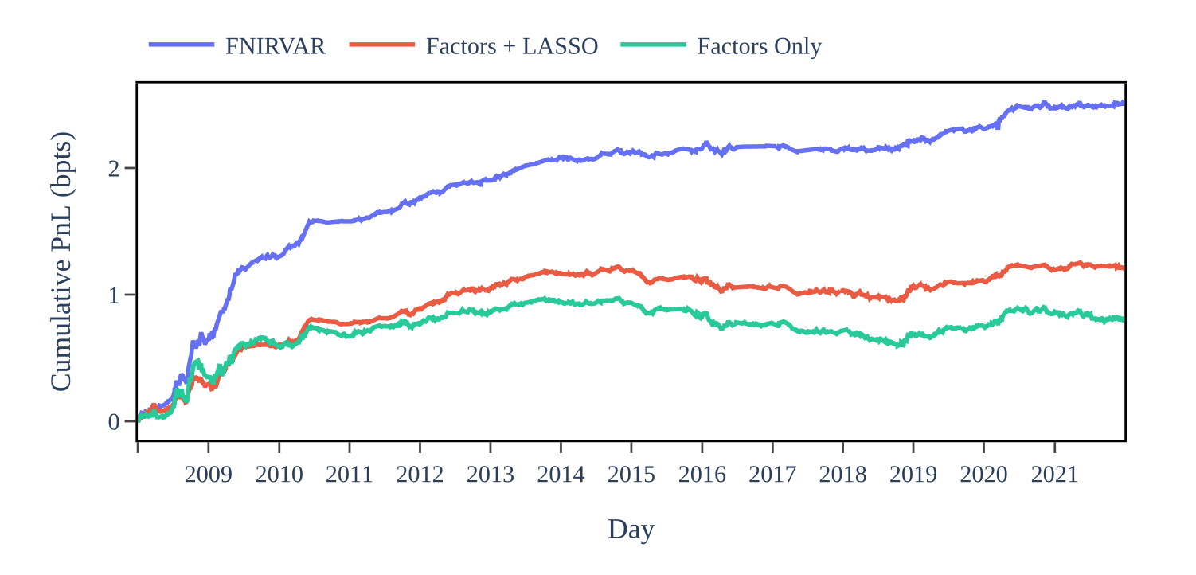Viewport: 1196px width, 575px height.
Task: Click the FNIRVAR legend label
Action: pyautogui.click(x=275, y=46)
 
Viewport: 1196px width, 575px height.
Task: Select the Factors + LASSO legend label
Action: pyautogui.click(x=511, y=46)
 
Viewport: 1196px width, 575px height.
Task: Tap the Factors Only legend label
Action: pyautogui.click(x=759, y=46)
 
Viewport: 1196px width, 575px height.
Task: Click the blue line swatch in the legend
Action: pyautogui.click(x=182, y=45)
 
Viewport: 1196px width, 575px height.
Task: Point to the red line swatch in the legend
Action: pyautogui.click(x=382, y=45)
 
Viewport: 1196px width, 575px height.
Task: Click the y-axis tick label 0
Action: pyautogui.click(x=114, y=421)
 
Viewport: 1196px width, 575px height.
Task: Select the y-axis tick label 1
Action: pyautogui.click(x=114, y=295)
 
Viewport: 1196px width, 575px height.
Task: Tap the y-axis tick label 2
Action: pyautogui.click(x=114, y=168)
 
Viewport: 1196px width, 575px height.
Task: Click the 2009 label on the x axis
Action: pyautogui.click(x=209, y=475)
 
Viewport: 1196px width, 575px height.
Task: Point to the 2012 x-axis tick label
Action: pyautogui.click(x=420, y=475)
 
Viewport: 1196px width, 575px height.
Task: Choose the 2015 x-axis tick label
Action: pyautogui.click(x=631, y=475)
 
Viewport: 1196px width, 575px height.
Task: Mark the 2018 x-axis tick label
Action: pyautogui.click(x=842, y=475)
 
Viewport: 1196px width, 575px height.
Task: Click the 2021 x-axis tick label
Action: pyautogui.click(x=1054, y=475)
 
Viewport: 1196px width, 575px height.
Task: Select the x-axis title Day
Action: pyautogui.click(x=631, y=529)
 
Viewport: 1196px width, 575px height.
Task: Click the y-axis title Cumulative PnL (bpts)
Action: pyautogui.click(x=61, y=261)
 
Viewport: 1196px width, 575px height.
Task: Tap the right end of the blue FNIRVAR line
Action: pyautogui.click(x=1123, y=103)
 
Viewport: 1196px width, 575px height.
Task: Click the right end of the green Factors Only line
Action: pyautogui.click(x=1123, y=319)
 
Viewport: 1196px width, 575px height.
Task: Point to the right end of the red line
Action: pyautogui.click(x=1123, y=268)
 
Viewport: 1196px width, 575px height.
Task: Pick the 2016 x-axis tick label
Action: pyautogui.click(x=702, y=475)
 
